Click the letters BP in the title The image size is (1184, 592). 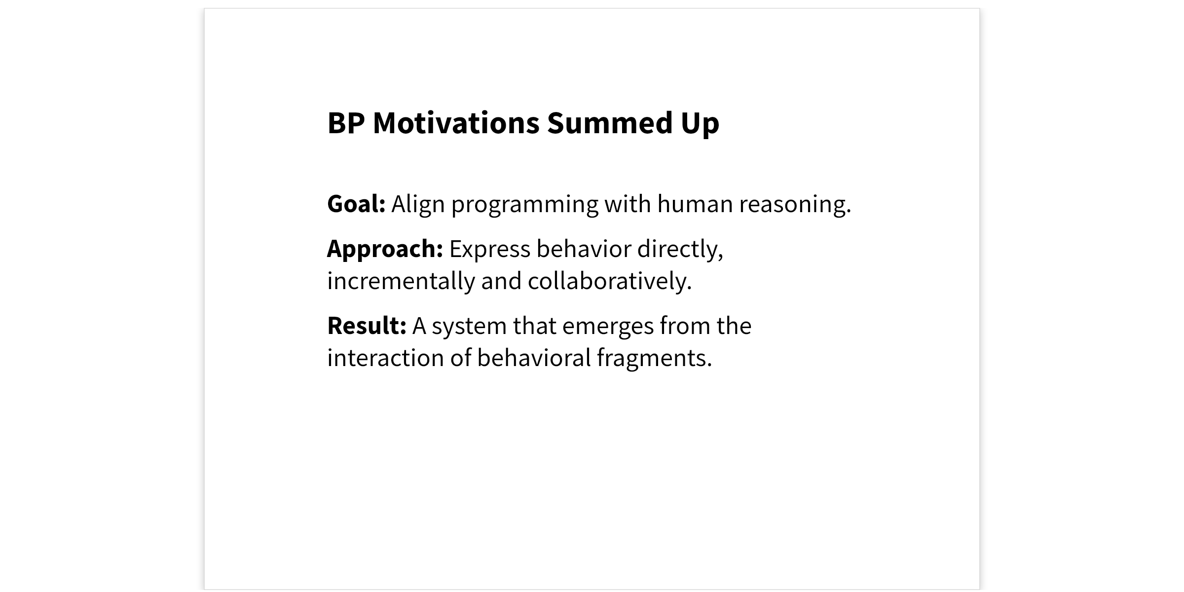point(346,123)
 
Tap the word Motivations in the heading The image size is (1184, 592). point(456,123)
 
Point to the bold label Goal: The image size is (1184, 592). point(356,204)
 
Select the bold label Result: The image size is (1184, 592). point(367,326)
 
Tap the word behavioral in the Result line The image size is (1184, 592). point(534,358)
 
